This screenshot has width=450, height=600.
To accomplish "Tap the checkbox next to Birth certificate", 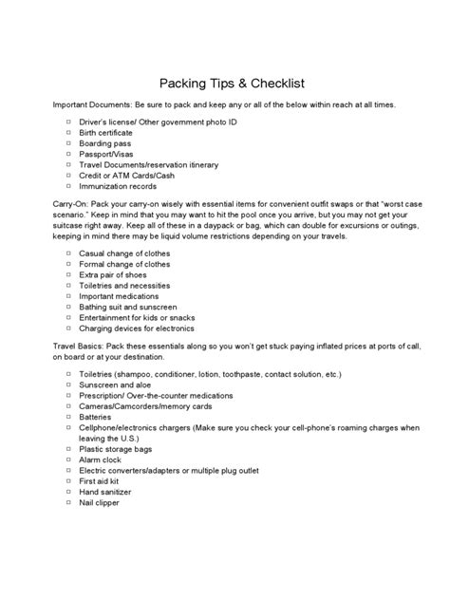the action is [x=69, y=134].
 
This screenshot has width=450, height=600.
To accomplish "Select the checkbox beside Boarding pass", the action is [x=69, y=144].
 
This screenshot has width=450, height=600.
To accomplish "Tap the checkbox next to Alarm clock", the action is [x=69, y=459].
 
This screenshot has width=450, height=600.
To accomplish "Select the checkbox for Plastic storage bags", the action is [x=69, y=448].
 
